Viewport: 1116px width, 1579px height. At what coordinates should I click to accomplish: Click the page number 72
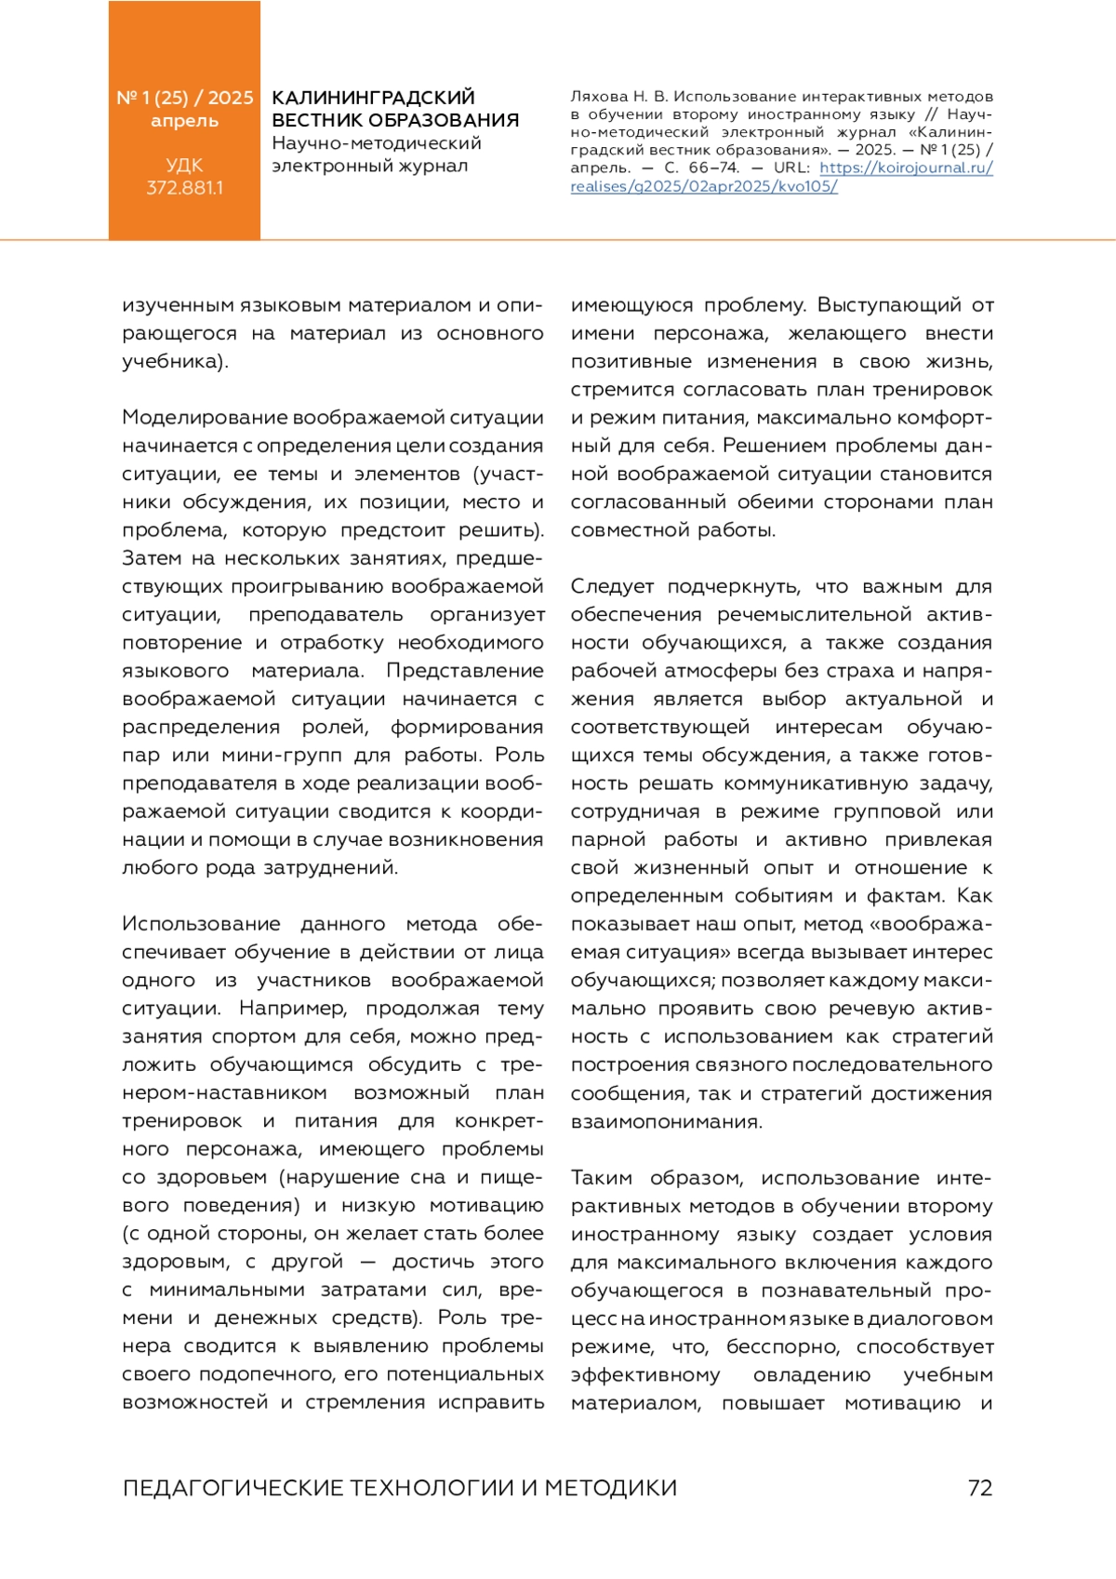(980, 1488)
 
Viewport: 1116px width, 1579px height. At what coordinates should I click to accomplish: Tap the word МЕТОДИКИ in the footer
(611, 1488)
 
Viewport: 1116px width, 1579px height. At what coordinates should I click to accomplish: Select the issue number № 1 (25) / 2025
(184, 98)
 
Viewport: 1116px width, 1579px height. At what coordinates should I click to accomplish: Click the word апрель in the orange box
(184, 121)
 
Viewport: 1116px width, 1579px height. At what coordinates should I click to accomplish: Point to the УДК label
(184, 166)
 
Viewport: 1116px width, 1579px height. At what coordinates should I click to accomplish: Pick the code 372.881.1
(184, 188)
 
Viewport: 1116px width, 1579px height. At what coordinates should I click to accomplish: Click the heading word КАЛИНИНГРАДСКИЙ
(373, 98)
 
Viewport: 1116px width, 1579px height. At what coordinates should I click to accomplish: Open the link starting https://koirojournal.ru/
(906, 168)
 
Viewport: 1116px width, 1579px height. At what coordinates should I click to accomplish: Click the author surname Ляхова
(599, 97)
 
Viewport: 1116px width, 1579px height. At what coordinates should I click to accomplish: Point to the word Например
(293, 1009)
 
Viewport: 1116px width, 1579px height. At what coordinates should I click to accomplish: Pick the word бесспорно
(783, 1347)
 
